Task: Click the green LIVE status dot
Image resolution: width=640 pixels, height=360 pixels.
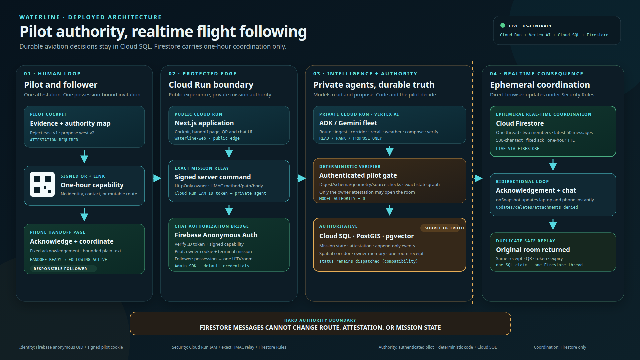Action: [503, 26]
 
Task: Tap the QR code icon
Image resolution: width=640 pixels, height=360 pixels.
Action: [42, 184]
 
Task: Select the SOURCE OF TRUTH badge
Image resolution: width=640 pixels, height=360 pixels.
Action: [444, 228]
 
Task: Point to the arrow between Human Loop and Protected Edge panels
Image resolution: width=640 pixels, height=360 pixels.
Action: [157, 178]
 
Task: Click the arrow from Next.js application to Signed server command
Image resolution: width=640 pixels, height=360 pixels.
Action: [229, 152]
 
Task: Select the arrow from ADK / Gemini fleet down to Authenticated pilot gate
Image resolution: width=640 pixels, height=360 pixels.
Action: [390, 151]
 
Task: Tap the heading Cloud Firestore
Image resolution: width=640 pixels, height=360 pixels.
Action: [520, 123]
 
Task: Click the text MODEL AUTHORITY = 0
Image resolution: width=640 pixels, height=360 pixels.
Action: [342, 199]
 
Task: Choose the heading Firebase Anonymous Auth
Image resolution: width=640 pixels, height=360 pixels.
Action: [216, 235]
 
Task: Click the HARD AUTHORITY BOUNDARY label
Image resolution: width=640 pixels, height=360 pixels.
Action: [320, 320]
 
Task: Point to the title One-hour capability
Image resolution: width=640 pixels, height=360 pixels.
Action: [92, 185]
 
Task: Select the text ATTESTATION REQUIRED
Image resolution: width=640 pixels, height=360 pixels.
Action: [54, 140]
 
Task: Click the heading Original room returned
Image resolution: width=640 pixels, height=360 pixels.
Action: [533, 250]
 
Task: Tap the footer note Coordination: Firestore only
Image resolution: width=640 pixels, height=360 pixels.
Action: [560, 347]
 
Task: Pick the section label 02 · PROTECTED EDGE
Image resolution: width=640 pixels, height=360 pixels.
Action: [203, 74]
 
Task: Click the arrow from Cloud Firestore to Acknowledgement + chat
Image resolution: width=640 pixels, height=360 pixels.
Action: [553, 165]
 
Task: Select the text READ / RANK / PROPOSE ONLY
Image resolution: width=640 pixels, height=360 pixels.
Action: [351, 138]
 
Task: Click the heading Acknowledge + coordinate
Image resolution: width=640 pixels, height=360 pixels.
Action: [72, 241]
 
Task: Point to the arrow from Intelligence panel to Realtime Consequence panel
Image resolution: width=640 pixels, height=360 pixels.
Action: [478, 178]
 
